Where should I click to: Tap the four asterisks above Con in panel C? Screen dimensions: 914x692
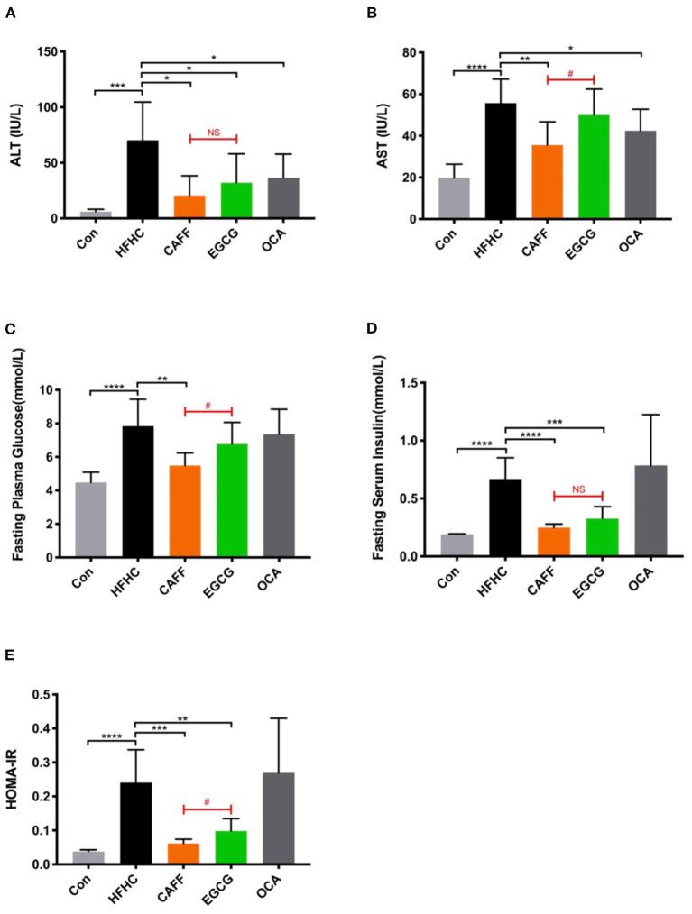(x=114, y=388)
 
